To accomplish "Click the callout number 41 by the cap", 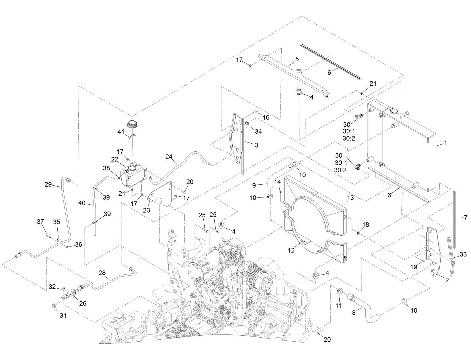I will point(121,132).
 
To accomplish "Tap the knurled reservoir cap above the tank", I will point(132,125).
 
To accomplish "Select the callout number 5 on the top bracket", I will point(297,59).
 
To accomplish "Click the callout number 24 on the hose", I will point(169,156).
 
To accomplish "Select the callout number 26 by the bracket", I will point(83,303).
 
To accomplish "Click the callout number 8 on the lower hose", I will point(354,313).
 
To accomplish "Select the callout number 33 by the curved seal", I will point(463,254).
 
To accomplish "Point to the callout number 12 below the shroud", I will point(291,250).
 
